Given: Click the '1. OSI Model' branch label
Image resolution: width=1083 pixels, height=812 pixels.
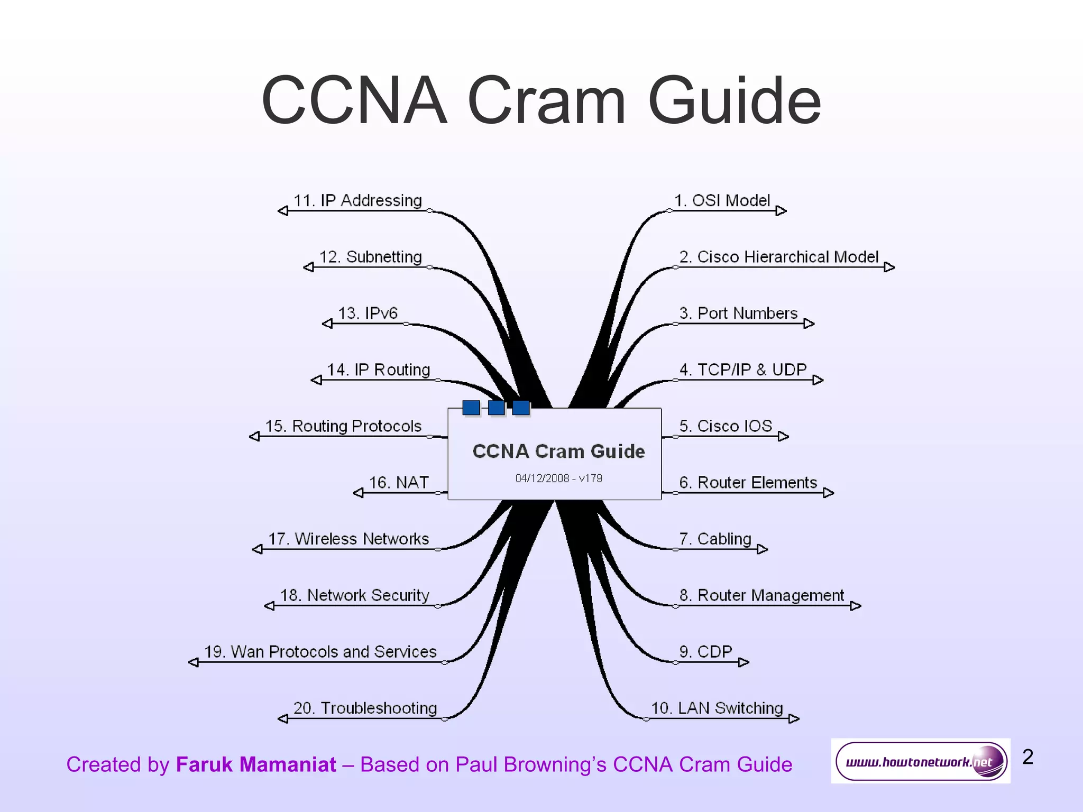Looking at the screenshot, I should coord(722,201).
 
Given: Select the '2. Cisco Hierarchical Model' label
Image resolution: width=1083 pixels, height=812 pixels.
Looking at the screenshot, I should coord(779,257).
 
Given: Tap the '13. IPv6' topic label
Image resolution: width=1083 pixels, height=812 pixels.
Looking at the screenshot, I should coord(368,313).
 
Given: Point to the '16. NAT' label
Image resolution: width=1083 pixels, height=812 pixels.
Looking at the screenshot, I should coord(399,483).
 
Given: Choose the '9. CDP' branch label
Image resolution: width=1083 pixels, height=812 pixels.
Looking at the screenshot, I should coord(705,652).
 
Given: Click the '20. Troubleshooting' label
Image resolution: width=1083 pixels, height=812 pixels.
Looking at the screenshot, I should coord(365,708).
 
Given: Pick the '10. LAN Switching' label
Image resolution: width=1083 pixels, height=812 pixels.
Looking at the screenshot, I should coord(717,708).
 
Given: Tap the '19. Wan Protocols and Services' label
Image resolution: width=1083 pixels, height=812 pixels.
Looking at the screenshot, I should coord(320,652).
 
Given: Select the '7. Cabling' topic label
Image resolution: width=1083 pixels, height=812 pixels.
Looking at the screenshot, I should coord(715,539).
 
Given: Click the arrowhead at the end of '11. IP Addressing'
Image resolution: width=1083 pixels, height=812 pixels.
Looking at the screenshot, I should coord(283,211).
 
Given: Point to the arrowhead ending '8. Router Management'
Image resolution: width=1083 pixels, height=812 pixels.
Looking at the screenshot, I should coord(856,606).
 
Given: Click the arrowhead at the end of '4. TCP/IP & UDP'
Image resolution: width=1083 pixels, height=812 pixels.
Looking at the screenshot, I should coord(818,380).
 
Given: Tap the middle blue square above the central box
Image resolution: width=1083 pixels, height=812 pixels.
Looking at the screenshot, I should coord(496,408).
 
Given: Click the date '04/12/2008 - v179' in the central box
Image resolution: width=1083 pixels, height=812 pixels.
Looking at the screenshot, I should coord(558,478).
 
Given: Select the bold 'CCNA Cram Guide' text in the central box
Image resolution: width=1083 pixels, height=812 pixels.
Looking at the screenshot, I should coord(558,451).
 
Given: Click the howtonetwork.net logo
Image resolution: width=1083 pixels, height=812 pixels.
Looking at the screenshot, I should coord(920,761).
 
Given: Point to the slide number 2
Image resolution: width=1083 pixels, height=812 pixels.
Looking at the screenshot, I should coord(1027,757).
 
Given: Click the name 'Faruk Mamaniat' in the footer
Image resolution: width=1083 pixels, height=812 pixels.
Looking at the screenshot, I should coord(256,765).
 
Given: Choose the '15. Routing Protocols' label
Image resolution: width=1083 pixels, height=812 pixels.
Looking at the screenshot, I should coord(343,426).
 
